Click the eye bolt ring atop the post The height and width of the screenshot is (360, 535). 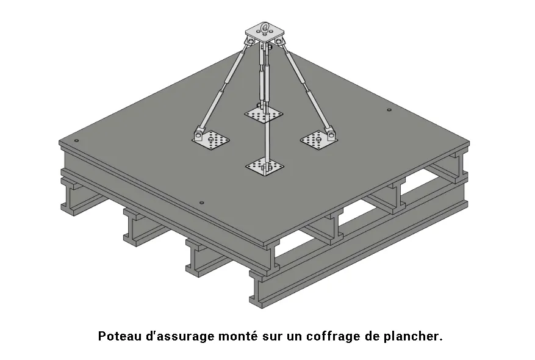265,27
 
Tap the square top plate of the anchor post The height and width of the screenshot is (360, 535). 264,33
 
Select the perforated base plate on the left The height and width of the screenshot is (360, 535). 210,140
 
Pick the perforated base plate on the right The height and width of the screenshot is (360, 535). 318,140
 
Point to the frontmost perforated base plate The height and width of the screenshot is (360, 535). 264,167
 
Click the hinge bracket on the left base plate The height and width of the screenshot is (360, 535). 199,134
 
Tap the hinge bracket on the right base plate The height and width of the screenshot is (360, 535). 329,134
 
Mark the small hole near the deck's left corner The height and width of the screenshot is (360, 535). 76,140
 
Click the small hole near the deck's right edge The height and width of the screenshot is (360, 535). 389,110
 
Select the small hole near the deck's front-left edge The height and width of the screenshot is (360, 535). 202,203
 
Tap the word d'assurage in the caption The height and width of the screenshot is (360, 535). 180,337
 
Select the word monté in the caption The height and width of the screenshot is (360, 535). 238,336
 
